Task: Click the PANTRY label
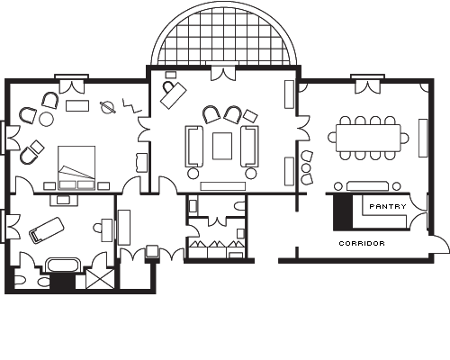(388, 206)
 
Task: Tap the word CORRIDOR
(362, 243)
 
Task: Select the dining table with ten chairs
(368, 138)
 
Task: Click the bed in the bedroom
(76, 167)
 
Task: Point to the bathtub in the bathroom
(63, 265)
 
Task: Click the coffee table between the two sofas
(222, 146)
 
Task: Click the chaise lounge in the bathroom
(47, 230)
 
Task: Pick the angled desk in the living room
(174, 95)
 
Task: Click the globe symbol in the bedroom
(108, 108)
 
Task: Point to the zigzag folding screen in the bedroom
(131, 106)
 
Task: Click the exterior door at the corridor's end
(440, 245)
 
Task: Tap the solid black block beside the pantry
(343, 212)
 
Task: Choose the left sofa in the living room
(194, 146)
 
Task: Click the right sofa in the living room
(250, 146)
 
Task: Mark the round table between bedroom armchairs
(46, 119)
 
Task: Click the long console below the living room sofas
(223, 186)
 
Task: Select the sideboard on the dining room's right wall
(423, 138)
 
